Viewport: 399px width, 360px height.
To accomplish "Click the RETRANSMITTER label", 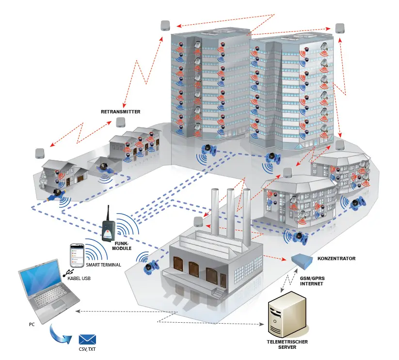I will [121, 111].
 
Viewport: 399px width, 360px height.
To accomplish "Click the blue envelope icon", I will [88, 339].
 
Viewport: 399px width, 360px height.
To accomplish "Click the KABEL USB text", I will [80, 278].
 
